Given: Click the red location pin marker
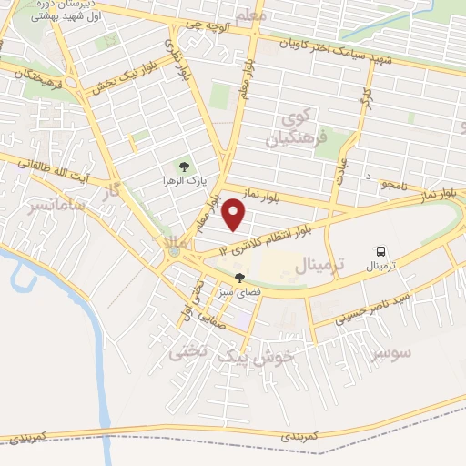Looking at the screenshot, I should point(235,215).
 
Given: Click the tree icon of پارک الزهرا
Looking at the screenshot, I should point(185,167).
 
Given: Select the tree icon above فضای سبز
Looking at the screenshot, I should point(239,278).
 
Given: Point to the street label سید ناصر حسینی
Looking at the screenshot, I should point(373,309).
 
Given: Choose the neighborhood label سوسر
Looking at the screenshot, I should point(392,351).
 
